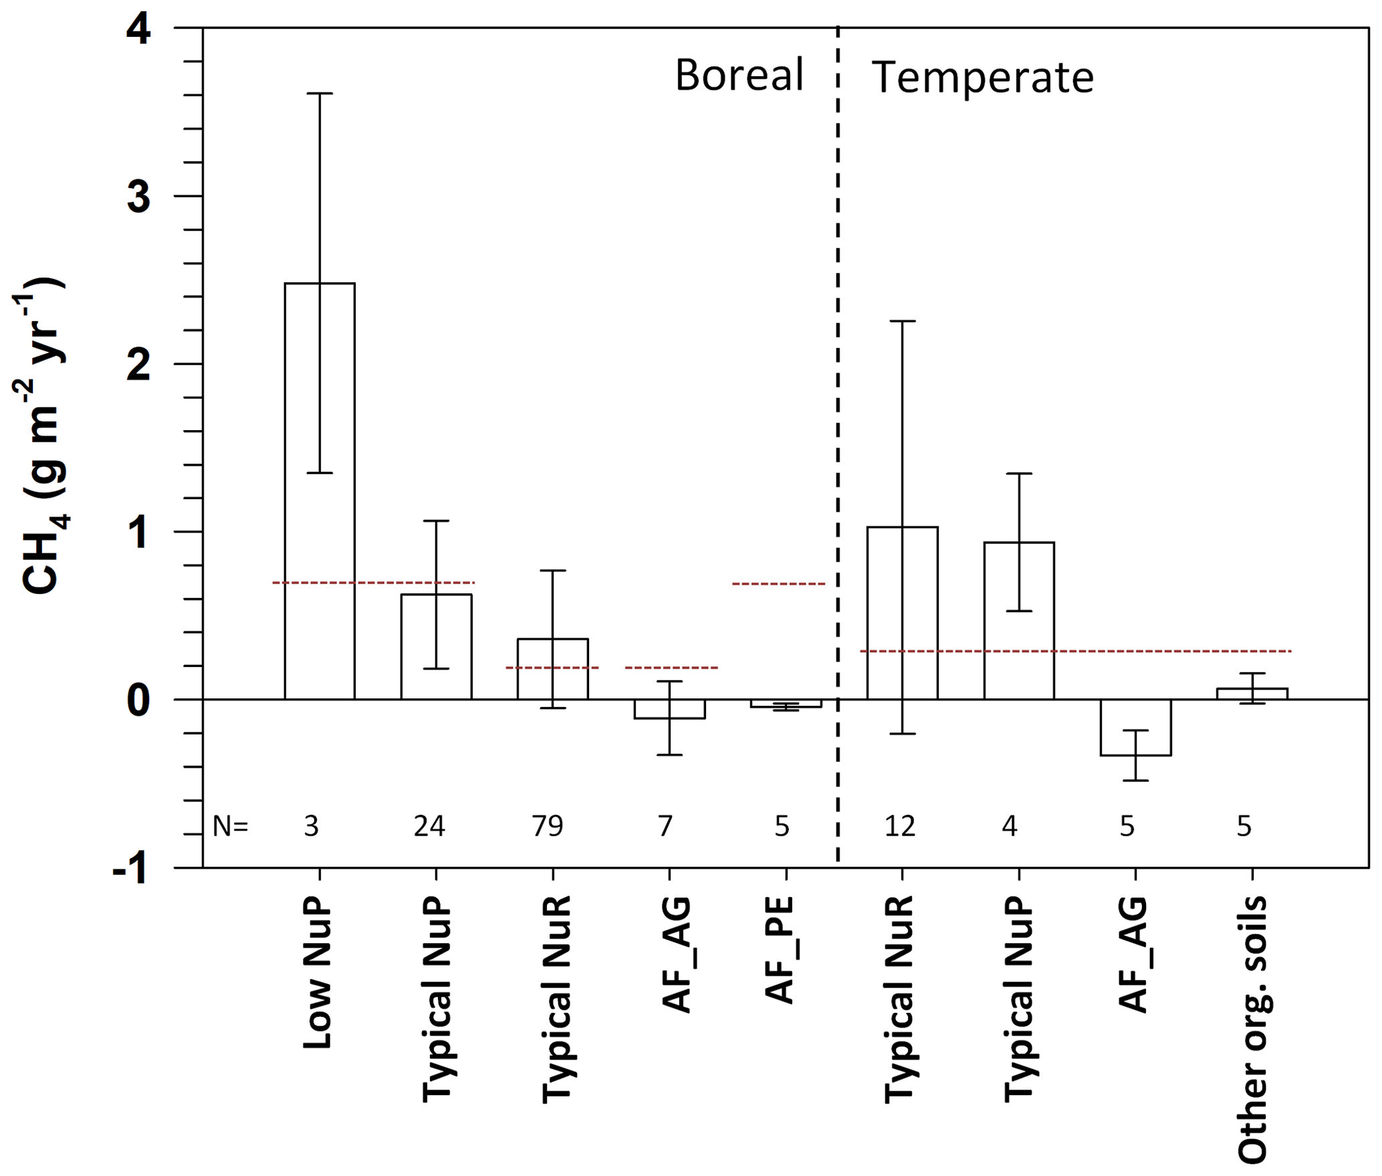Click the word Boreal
739,75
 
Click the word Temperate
982,78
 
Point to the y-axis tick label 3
139,197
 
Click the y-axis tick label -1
131,870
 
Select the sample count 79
548,827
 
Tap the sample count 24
429,827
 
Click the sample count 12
899,827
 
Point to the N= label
230,827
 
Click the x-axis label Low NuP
318,973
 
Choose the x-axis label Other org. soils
1252,1030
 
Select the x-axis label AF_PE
780,951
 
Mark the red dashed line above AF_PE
778,584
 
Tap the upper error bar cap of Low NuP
320,94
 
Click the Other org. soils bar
1252,694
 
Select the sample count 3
312,827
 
